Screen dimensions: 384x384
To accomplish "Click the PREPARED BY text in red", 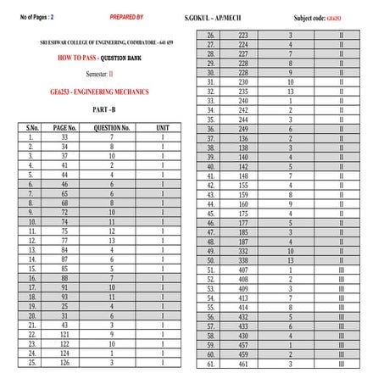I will pos(127,16).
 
